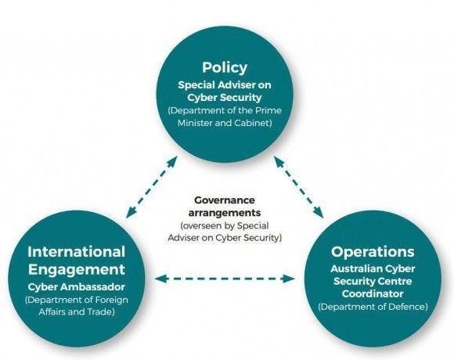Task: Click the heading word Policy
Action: [225, 68]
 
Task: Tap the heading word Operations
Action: [373, 252]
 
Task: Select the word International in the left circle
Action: [77, 252]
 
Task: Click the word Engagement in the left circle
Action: [77, 270]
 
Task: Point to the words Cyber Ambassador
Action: [77, 287]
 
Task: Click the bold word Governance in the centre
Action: [225, 200]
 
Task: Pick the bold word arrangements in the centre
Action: [225, 213]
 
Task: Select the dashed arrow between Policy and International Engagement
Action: [152, 187]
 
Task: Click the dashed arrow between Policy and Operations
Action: [298, 187]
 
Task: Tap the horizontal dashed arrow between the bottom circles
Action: [225, 279]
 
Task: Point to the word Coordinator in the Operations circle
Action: [373, 293]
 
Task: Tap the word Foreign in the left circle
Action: [112, 300]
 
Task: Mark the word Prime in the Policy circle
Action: [268, 110]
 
